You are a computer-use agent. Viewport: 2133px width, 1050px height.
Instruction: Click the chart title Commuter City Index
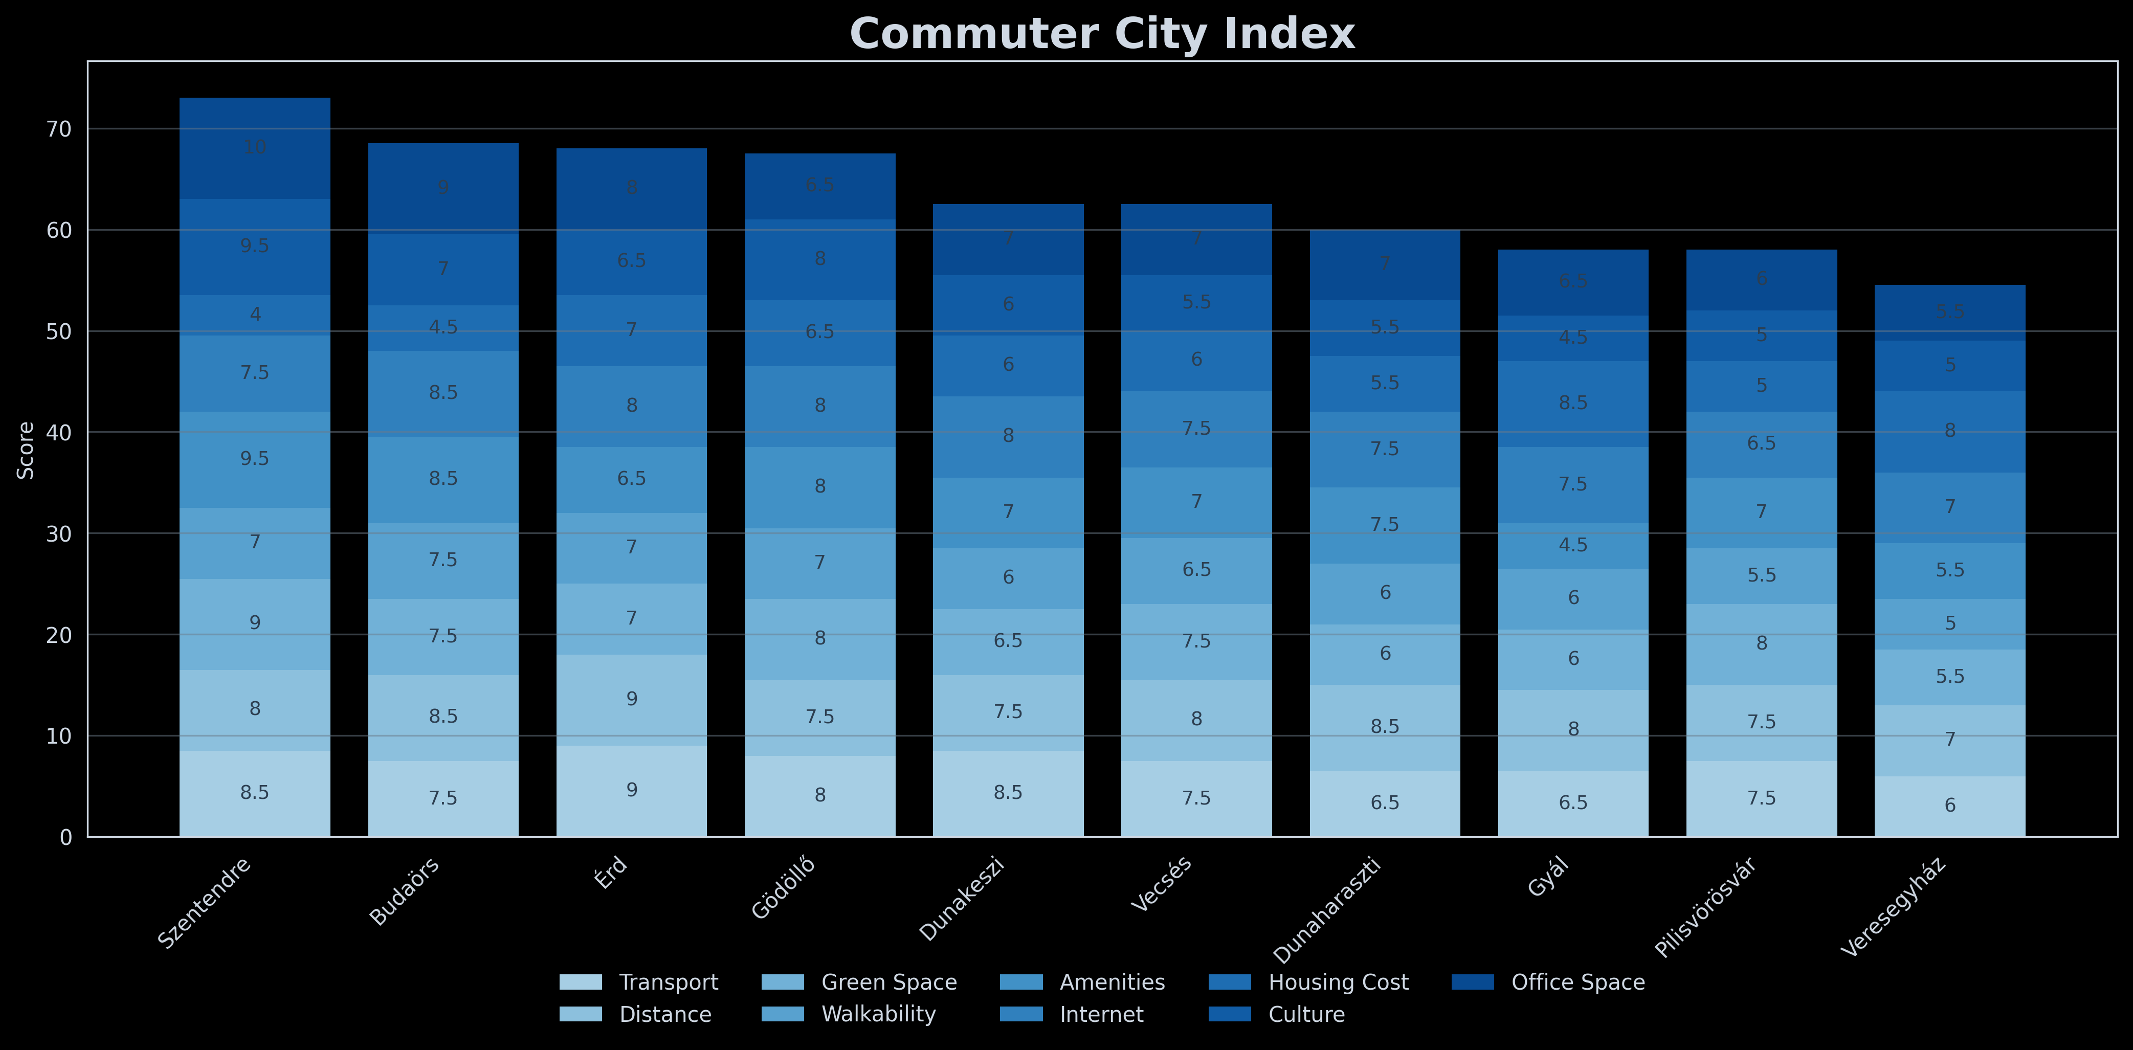(1101, 35)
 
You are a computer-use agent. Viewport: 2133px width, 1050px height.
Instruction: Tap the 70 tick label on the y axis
(60, 129)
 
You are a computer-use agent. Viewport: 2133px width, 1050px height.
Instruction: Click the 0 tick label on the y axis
(66, 837)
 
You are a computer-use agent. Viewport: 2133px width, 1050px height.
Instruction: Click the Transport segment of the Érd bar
(632, 791)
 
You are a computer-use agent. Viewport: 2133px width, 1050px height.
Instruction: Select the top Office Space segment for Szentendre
(255, 148)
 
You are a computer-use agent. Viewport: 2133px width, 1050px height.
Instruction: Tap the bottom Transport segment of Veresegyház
(1950, 806)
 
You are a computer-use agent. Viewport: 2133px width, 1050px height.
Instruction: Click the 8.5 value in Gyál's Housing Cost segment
(1573, 403)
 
